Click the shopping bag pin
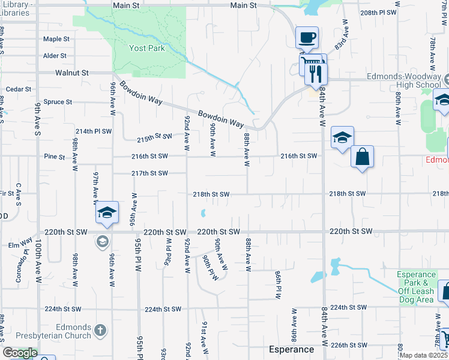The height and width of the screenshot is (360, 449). [363, 157]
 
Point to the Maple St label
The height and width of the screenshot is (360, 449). [56, 39]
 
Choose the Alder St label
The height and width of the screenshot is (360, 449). [55, 56]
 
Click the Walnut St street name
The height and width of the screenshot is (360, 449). [72, 73]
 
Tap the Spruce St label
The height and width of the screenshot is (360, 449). [58, 102]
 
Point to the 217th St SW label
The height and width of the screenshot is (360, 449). [150, 173]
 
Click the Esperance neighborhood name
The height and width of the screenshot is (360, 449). [291, 349]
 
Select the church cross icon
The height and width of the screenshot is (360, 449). [100, 330]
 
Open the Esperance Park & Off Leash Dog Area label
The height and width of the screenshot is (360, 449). [416, 287]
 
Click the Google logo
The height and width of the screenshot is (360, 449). [19, 353]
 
